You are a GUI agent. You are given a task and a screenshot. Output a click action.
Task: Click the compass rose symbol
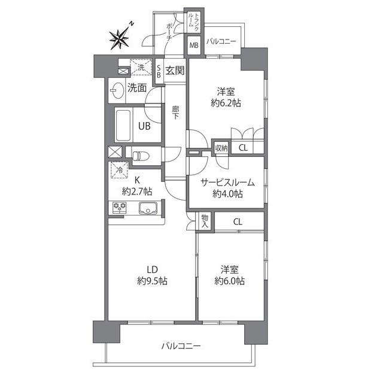(120, 39)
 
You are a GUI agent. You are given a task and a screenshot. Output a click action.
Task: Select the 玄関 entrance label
(175, 71)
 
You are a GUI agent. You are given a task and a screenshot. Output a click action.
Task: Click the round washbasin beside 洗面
(117, 90)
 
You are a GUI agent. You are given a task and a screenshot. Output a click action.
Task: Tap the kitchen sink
(147, 209)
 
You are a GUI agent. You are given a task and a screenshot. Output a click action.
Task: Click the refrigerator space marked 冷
(119, 170)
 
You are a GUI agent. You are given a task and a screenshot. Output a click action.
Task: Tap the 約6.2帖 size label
(226, 103)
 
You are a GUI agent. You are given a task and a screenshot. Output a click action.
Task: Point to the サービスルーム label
(227, 183)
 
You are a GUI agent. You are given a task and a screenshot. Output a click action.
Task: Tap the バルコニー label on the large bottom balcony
(181, 346)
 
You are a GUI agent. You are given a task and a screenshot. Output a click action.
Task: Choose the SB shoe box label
(158, 72)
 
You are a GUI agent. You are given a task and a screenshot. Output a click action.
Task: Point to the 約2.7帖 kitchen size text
(136, 191)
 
